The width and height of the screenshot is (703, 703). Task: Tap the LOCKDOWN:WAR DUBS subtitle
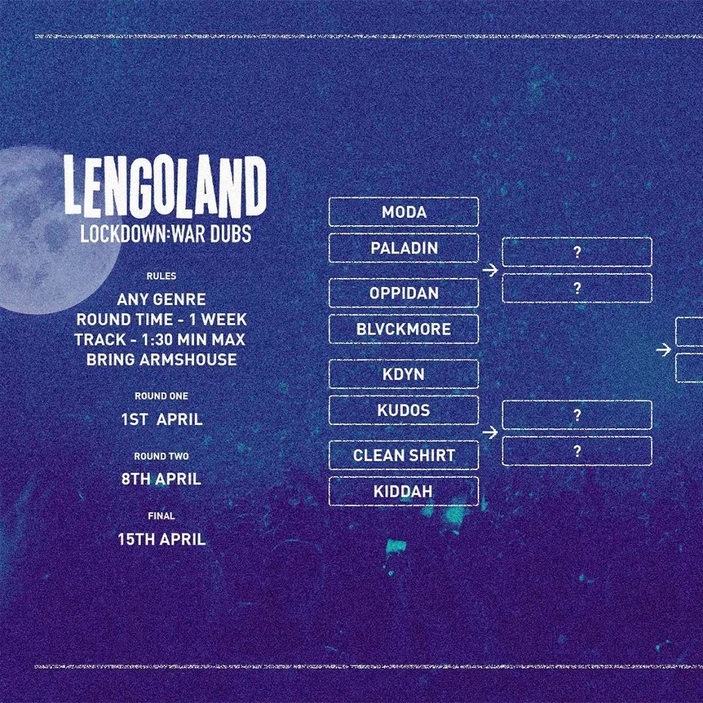pos(165,234)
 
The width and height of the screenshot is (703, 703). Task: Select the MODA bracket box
pos(404,212)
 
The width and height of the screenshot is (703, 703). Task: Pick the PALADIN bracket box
pos(404,248)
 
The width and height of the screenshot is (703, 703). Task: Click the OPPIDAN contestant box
pos(404,293)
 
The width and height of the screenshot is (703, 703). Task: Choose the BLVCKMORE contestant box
pos(404,329)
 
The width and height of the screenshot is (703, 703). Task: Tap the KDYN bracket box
pos(404,374)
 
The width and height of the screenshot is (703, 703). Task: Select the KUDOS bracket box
pos(404,410)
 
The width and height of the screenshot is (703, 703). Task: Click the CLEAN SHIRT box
pos(404,455)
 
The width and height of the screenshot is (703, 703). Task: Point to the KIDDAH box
pos(404,491)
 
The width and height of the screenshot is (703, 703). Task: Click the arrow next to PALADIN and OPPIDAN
pos(491,270)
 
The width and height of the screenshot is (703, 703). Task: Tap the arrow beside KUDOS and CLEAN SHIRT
pos(491,433)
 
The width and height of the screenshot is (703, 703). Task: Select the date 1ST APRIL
pos(162,419)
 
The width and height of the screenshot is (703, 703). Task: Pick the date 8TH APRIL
pos(161,479)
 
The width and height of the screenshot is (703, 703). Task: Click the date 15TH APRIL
pos(162,539)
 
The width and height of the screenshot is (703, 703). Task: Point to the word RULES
pos(161,276)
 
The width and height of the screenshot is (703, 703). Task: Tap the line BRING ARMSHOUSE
pos(161,359)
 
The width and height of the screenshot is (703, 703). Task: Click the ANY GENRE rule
pos(161,299)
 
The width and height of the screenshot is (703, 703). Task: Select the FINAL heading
pos(161,516)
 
